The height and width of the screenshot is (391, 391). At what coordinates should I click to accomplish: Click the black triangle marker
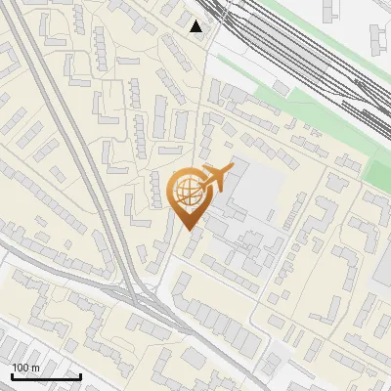click(x=197, y=25)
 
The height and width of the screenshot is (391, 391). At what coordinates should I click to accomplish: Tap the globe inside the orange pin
click(x=188, y=192)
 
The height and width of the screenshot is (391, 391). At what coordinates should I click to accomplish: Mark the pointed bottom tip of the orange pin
click(x=188, y=229)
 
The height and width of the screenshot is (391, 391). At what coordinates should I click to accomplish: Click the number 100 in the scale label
click(x=22, y=368)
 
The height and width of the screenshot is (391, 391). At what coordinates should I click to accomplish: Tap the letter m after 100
click(x=35, y=368)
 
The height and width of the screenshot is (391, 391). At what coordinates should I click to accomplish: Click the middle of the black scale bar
click(x=46, y=376)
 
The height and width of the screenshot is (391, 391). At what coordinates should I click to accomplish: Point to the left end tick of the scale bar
click(x=12, y=375)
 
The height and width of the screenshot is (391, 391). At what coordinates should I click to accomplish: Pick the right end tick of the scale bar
click(x=80, y=375)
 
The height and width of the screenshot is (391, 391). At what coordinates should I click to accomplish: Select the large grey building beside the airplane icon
click(x=251, y=191)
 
